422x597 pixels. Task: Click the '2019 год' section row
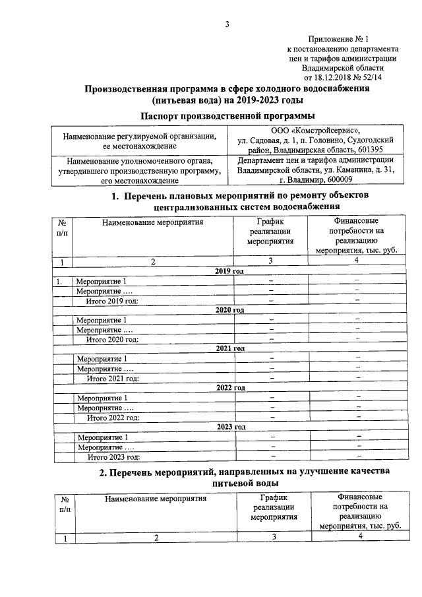(229, 271)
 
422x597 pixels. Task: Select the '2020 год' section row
(229, 309)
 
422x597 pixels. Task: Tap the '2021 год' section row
(229, 348)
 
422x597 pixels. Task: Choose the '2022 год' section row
(229, 387)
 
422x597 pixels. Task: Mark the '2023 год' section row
(229, 427)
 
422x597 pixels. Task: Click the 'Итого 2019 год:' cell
(113, 301)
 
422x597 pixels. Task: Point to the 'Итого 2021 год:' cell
(113, 378)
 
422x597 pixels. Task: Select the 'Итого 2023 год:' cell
(113, 456)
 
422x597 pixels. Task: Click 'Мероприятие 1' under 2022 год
(102, 398)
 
